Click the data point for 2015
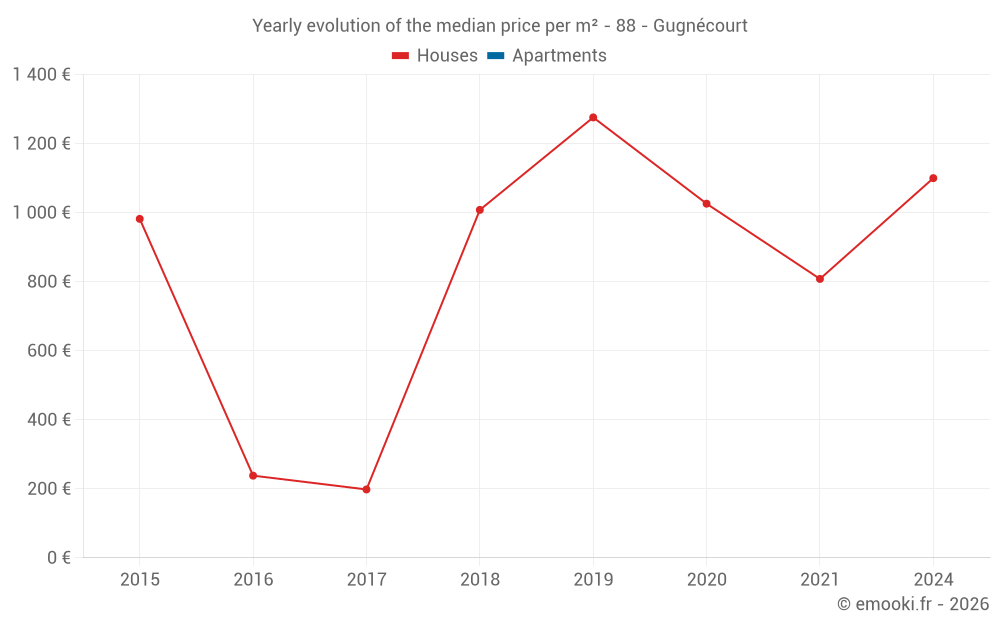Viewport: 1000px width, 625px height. [140, 219]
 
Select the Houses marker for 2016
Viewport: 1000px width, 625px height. [253, 476]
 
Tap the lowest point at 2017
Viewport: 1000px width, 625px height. [366, 489]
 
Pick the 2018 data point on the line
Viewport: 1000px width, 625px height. [480, 210]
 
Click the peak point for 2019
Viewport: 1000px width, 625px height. [593, 118]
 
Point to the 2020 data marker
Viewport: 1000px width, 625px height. [706, 204]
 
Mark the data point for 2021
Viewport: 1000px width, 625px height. [820, 279]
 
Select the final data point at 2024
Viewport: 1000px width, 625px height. [933, 178]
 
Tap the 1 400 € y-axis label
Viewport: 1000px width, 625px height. [42, 75]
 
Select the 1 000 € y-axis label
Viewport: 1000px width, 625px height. [42, 213]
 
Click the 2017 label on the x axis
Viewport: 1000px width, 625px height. [366, 579]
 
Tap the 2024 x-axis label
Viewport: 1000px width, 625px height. [933, 579]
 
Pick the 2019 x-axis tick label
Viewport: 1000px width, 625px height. [593, 579]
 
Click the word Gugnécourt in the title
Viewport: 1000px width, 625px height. [700, 26]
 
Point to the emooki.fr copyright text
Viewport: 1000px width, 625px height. [913, 604]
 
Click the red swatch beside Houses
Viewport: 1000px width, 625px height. [401, 56]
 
